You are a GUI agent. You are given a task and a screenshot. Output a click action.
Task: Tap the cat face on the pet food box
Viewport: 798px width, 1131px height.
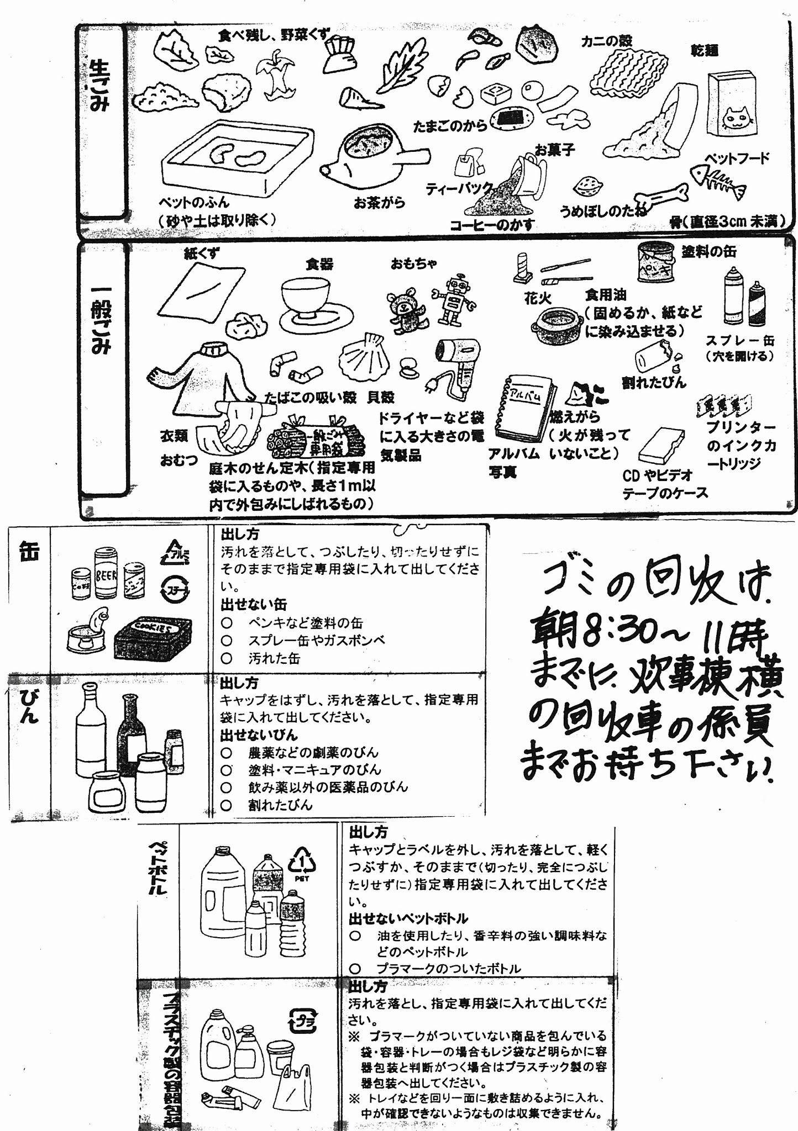tap(739, 118)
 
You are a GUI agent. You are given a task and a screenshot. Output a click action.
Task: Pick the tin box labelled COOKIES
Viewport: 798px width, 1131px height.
tap(153, 638)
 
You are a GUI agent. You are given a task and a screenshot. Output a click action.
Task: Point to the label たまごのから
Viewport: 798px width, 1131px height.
tap(450, 126)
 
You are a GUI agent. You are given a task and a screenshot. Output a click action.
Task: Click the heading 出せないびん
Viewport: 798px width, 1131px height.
tap(259, 735)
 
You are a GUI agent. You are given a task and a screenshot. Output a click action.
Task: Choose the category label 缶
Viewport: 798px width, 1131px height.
tap(29, 552)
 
